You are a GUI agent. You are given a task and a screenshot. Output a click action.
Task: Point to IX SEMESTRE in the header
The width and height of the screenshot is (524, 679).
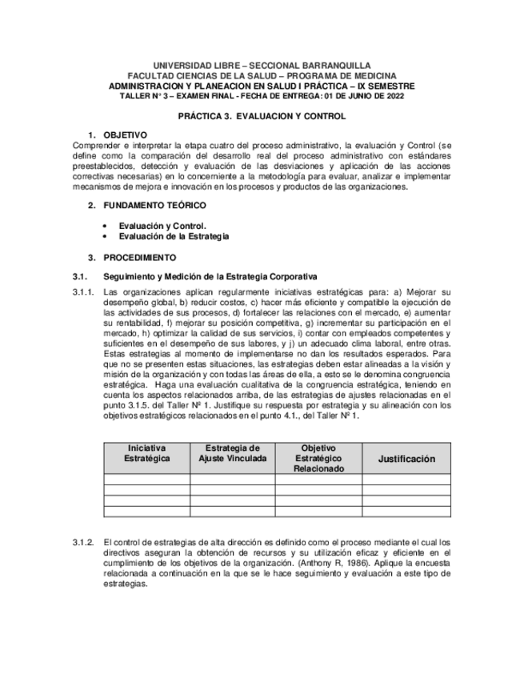tap(383, 86)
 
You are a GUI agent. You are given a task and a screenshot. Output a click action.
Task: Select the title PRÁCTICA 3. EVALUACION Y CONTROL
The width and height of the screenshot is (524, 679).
tap(262, 116)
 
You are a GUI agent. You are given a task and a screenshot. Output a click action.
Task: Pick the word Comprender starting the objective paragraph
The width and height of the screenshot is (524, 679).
tap(94, 145)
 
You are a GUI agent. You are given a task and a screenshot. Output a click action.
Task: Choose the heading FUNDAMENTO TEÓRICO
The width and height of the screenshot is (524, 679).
tap(154, 206)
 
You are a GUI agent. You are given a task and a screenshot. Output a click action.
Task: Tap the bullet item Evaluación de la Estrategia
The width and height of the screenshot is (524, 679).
tap(174, 236)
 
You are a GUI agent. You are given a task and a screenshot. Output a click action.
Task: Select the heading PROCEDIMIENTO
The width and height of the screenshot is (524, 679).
tap(139, 257)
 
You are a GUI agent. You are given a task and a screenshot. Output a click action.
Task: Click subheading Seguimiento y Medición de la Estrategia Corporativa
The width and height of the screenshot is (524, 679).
tap(210, 276)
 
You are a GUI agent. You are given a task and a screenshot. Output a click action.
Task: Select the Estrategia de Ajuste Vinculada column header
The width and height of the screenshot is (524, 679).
tap(232, 453)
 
